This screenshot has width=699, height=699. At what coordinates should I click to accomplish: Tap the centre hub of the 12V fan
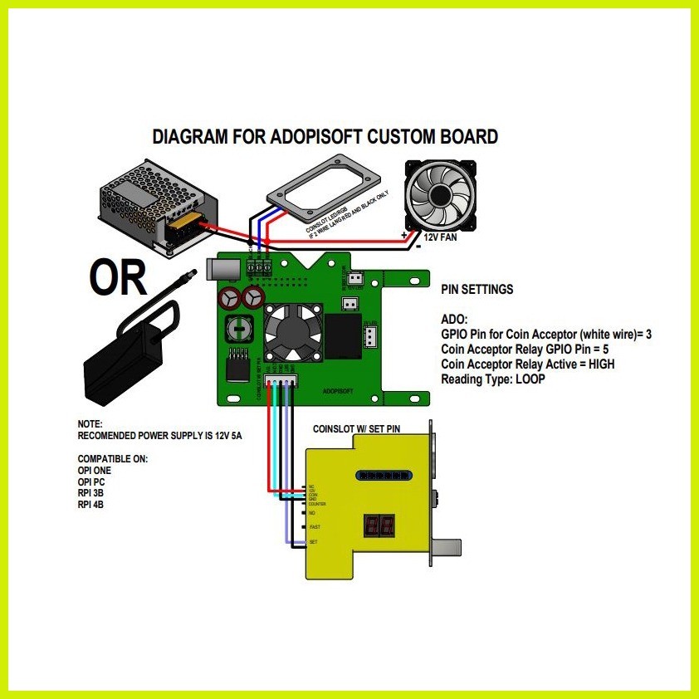coord(440,193)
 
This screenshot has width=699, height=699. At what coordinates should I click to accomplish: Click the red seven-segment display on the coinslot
coord(379,525)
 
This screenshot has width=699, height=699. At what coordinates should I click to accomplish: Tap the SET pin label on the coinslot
coord(313,542)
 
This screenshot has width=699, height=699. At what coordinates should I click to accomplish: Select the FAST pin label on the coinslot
coord(314,527)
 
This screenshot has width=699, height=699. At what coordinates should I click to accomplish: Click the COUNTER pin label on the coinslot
coord(317,504)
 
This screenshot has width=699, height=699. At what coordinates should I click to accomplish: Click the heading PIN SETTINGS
coord(477,290)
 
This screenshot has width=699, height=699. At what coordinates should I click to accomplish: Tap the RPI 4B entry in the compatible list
coord(91,505)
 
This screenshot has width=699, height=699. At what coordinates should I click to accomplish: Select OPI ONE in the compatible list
coord(95,470)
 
